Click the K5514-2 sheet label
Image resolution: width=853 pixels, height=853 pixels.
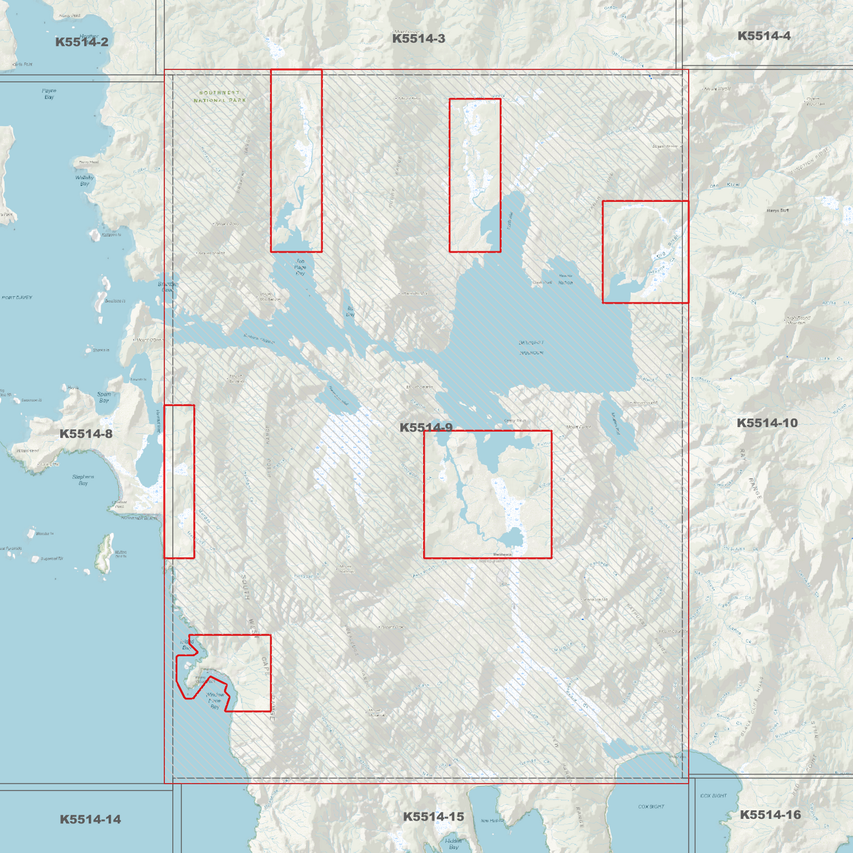pyautogui.click(x=81, y=42)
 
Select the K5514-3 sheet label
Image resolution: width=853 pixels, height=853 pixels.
pyautogui.click(x=419, y=39)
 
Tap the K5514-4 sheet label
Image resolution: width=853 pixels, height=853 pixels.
pyautogui.click(x=764, y=36)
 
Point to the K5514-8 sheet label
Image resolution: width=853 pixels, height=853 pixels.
pyautogui.click(x=86, y=434)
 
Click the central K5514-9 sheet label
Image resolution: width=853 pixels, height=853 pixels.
pyautogui.click(x=426, y=427)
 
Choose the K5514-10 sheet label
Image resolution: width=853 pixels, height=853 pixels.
pyautogui.click(x=767, y=423)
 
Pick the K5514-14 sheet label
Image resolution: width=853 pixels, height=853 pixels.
pyautogui.click(x=90, y=819)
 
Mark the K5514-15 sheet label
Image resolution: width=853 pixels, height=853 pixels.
pyautogui.click(x=433, y=817)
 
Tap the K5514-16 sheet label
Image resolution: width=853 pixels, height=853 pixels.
pyautogui.click(x=770, y=815)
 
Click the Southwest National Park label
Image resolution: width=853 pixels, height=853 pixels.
pyautogui.click(x=220, y=96)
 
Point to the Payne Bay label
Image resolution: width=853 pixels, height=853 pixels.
pyautogui.click(x=49, y=94)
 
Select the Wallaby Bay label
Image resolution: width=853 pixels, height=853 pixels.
pyautogui.click(x=84, y=181)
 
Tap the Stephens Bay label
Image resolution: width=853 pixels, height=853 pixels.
pyautogui.click(x=83, y=480)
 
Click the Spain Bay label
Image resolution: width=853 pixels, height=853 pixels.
pyautogui.click(x=104, y=397)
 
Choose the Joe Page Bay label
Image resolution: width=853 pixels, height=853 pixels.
pyautogui.click(x=300, y=267)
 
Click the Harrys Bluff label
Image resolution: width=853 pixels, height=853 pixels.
pyautogui.click(x=777, y=210)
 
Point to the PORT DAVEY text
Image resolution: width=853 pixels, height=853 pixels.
pyautogui.click(x=17, y=298)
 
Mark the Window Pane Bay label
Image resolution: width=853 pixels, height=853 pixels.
pyautogui.click(x=215, y=701)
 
